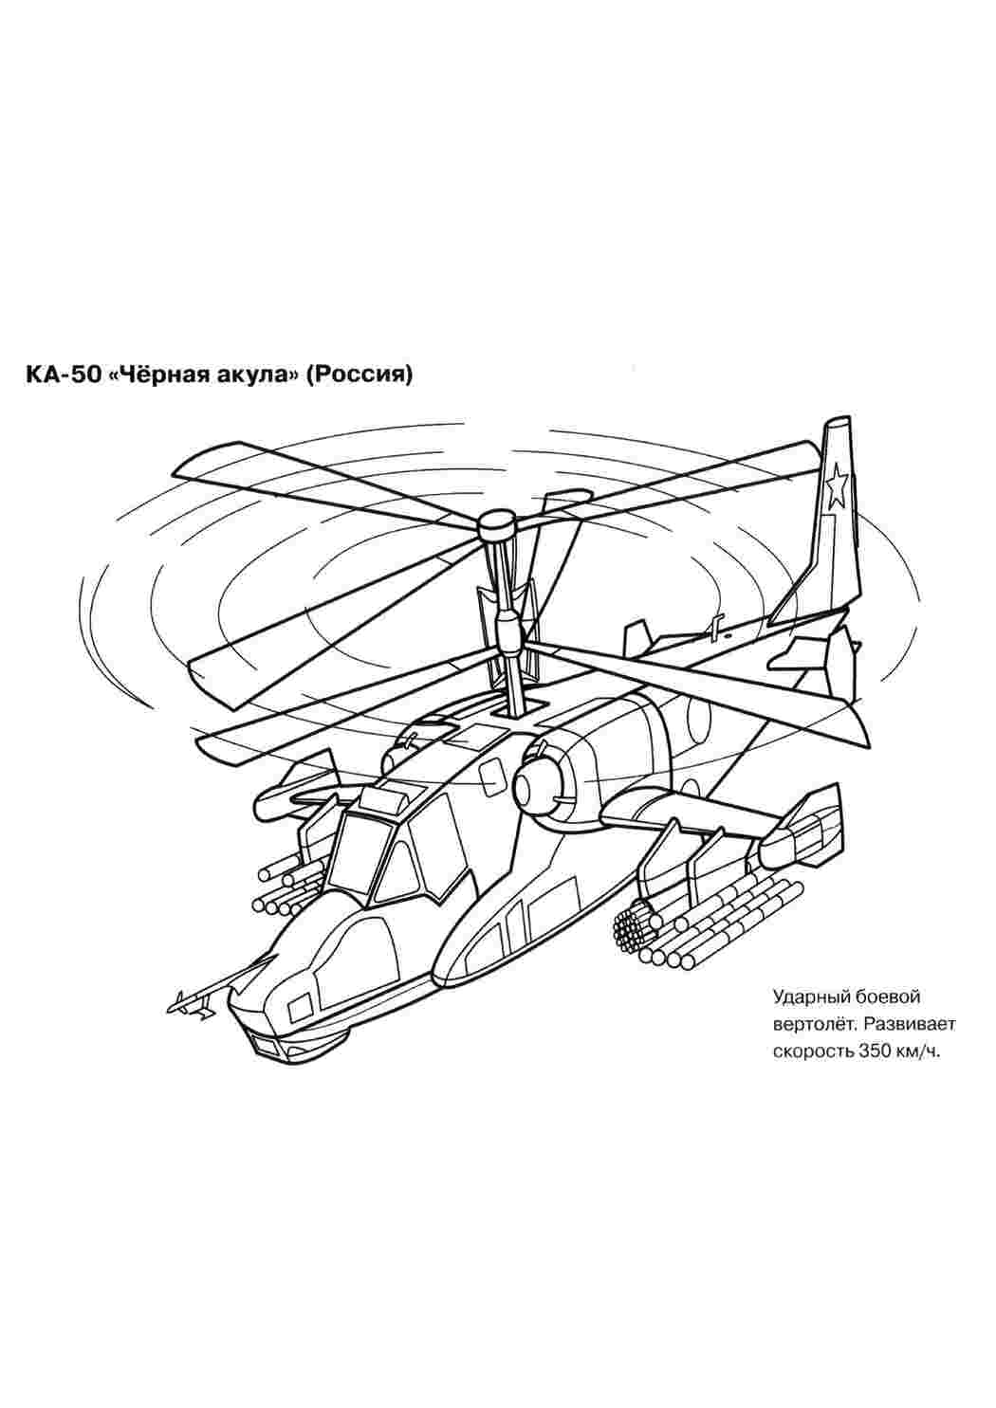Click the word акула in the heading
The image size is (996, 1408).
pos(257,375)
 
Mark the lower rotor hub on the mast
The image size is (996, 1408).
pos(507,629)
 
